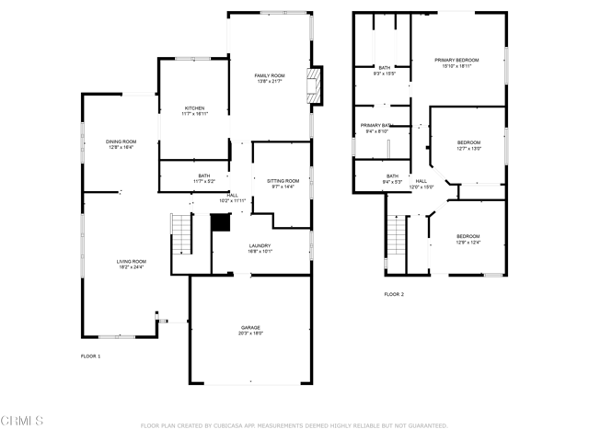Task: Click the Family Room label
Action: click(x=271, y=75)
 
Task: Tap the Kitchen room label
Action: click(x=193, y=108)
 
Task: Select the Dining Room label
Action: click(x=121, y=141)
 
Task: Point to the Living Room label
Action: click(x=132, y=261)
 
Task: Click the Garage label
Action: click(x=251, y=327)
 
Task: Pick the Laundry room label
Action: click(x=260, y=245)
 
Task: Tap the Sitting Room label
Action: click(x=283, y=181)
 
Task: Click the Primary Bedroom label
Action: click(x=457, y=61)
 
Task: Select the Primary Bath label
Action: click(x=376, y=125)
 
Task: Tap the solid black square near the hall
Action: click(x=220, y=222)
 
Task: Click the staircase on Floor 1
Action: click(x=182, y=234)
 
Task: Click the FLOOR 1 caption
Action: click(x=91, y=355)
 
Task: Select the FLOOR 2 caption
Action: click(x=394, y=294)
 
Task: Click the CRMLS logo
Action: click(x=22, y=421)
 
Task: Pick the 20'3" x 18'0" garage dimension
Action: click(x=251, y=334)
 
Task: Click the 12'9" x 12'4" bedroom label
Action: click(x=468, y=243)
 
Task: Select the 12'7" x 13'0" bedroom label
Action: click(x=468, y=149)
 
